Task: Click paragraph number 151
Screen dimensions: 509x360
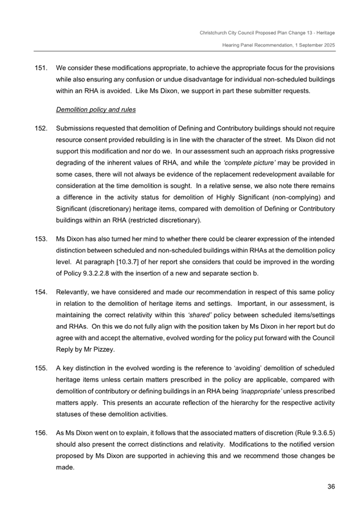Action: [x=41, y=69]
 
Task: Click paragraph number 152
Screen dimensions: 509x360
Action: [x=41, y=129]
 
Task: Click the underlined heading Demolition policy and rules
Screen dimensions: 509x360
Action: [x=96, y=110]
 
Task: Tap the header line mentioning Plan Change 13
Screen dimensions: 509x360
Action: [x=267, y=33]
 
